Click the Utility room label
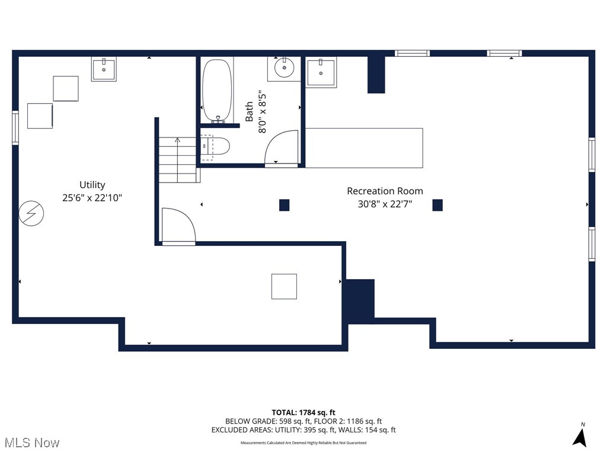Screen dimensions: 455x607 pyautogui.click(x=92, y=185)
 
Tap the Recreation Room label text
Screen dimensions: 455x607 pyautogui.click(x=385, y=191)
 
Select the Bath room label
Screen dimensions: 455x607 pyautogui.click(x=250, y=111)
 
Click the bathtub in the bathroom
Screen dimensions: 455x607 pyautogui.click(x=217, y=91)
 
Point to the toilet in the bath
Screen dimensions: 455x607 pyautogui.click(x=214, y=147)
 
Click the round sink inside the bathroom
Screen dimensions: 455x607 pyautogui.click(x=285, y=67)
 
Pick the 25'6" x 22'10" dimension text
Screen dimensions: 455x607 pyautogui.click(x=92, y=198)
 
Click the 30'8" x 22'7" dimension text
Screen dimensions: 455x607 pyautogui.click(x=385, y=204)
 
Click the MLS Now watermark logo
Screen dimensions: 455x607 pyautogui.click(x=31, y=443)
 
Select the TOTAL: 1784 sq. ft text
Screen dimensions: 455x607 pyautogui.click(x=303, y=412)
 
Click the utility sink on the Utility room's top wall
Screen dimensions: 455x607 pyautogui.click(x=104, y=69)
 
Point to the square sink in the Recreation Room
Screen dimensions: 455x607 pyautogui.click(x=321, y=72)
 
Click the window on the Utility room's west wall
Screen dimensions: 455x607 pyautogui.click(x=15, y=127)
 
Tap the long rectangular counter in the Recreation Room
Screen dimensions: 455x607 pyautogui.click(x=364, y=148)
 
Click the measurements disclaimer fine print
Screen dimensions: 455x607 pyautogui.click(x=303, y=443)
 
